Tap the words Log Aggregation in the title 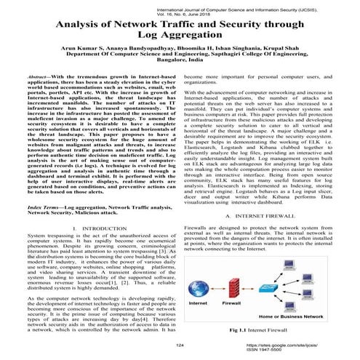pos(180,36)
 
